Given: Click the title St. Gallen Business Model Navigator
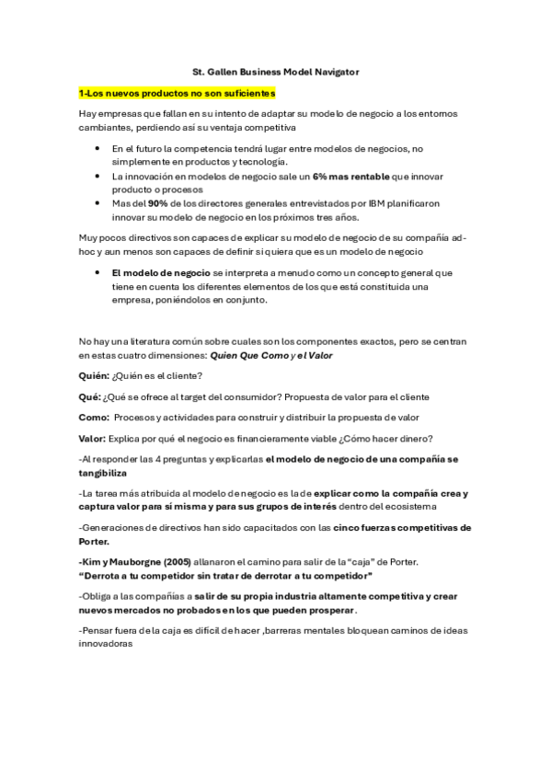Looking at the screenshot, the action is point(276,70).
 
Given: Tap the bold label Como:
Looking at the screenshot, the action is point(96,417).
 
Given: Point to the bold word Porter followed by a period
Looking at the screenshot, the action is point(96,542).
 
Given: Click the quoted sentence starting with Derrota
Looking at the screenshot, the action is point(225,575).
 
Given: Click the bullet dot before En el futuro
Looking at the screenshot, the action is point(98,147).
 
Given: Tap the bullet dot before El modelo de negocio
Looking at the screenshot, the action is point(98,273).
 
